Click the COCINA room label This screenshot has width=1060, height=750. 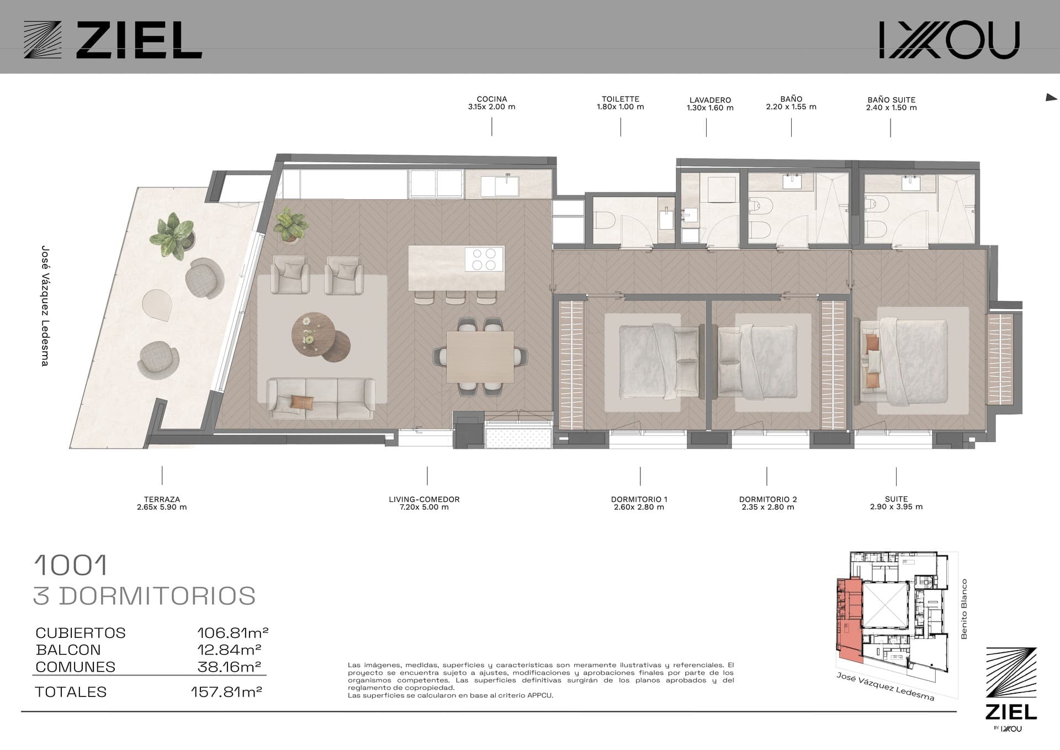[491, 99]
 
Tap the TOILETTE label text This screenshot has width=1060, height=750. [621, 99]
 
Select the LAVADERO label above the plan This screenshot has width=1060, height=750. [710, 101]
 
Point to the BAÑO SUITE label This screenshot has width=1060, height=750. [891, 100]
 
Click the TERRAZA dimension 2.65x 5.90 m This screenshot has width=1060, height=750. [162, 507]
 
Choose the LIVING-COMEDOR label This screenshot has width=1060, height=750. [424, 499]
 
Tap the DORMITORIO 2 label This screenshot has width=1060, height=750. [768, 499]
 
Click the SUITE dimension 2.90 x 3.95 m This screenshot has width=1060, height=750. [896, 506]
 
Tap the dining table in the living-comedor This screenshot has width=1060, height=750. [480, 356]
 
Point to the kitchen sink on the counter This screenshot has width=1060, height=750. [507, 186]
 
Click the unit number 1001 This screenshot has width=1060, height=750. [71, 565]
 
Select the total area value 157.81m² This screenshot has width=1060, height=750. [226, 691]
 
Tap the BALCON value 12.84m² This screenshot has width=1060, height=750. [229, 649]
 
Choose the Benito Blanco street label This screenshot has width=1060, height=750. [964, 609]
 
